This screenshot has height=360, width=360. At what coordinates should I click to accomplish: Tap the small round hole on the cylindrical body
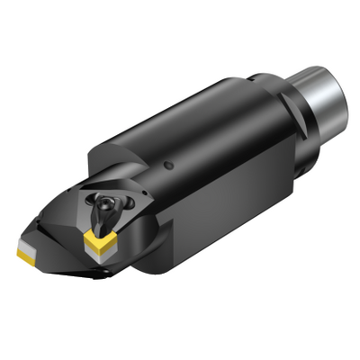[170, 165]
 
